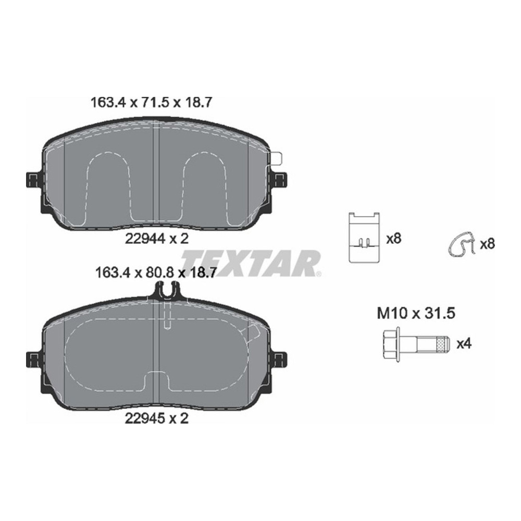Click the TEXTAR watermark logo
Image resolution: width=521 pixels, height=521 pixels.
tap(251, 263)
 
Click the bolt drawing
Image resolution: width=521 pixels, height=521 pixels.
tap(414, 344)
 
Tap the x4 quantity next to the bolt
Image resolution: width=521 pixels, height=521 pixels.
tap(464, 344)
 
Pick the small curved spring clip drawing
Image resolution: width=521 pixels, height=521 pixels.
tap(462, 244)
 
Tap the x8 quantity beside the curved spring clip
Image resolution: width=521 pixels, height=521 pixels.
tap(487, 243)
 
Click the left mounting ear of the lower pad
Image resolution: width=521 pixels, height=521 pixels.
tap(32, 359)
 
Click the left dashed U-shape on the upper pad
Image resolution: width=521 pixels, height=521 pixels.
tap(109, 185)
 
